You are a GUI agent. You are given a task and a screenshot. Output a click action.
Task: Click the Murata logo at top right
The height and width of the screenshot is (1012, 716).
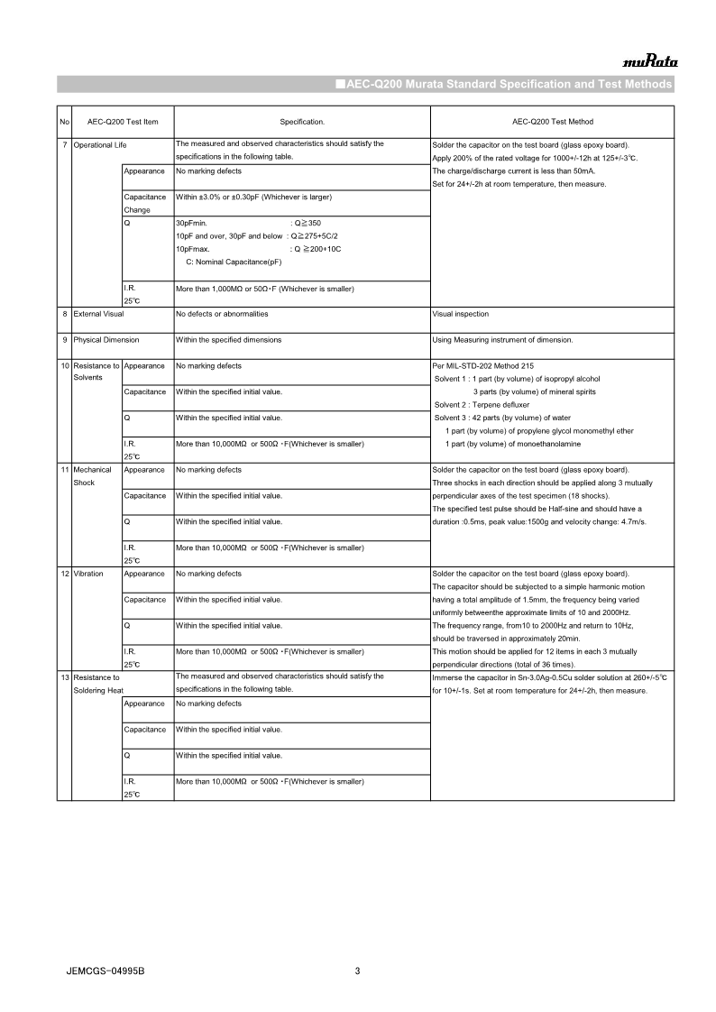(650, 62)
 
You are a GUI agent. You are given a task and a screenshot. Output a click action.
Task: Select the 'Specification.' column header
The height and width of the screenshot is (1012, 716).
(301, 121)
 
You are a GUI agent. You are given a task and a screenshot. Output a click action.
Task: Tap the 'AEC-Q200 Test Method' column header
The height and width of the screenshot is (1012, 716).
(552, 121)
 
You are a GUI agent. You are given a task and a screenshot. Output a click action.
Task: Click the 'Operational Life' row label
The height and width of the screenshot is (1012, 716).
(99, 144)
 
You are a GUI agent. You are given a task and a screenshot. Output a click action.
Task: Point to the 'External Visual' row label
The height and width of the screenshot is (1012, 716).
(98, 314)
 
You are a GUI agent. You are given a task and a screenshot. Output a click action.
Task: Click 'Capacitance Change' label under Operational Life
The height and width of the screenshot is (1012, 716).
(144, 203)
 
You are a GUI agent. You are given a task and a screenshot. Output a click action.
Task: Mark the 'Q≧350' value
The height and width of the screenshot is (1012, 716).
(308, 222)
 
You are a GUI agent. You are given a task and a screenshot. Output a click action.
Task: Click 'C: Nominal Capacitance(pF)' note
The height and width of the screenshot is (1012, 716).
(234, 262)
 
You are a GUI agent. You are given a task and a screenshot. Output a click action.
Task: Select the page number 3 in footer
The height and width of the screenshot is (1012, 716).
(357, 971)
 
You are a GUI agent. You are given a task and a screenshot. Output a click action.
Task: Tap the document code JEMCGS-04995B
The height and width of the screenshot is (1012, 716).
(106, 971)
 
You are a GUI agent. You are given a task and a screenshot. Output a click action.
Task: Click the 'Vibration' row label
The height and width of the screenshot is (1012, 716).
(88, 574)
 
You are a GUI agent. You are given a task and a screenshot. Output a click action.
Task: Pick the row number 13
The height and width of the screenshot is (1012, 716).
(64, 676)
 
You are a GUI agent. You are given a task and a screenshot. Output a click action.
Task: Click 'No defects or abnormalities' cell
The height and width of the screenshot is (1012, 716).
(222, 314)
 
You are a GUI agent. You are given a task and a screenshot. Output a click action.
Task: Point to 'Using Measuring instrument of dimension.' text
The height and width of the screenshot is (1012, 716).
(502, 340)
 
